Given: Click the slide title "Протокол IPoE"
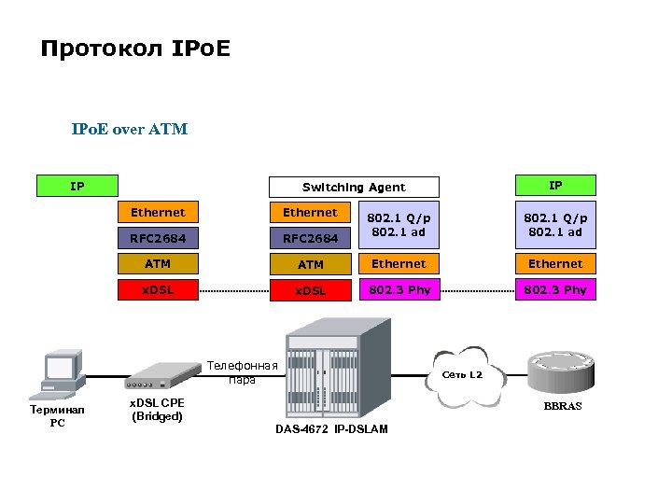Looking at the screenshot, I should click(135, 48).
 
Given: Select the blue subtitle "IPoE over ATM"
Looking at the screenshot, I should click(130, 130).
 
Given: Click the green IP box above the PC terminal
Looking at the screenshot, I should click(77, 187).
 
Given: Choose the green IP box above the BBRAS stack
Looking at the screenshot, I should click(555, 186).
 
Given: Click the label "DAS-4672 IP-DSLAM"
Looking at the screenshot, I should click(331, 429).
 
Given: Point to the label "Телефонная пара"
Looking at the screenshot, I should click(242, 372).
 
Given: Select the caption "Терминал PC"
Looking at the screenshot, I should click(57, 416).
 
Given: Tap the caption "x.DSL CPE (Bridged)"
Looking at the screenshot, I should click(156, 409).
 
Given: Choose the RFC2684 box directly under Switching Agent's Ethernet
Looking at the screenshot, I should click(310, 239).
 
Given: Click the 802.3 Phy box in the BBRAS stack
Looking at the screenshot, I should click(555, 290).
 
